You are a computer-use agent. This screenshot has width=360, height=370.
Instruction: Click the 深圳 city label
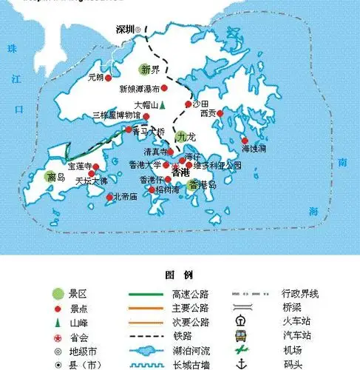(x=124, y=30)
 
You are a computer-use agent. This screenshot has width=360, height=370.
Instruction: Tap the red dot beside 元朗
(x=109, y=77)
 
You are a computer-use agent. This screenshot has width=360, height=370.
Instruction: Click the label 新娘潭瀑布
(x=138, y=88)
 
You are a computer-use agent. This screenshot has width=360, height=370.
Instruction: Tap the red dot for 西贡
(x=220, y=113)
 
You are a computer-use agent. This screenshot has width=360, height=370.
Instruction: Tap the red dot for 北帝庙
(x=111, y=197)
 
